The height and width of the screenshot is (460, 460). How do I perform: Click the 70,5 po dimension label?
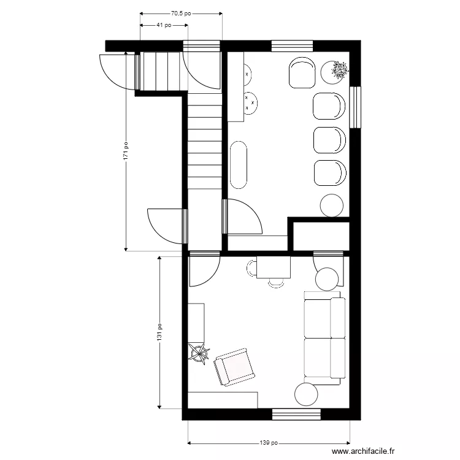(181, 12)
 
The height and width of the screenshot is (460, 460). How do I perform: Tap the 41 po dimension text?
(163, 25)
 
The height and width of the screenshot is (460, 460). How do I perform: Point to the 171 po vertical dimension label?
(126, 151)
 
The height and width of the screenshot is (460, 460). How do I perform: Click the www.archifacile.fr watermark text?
(356, 451)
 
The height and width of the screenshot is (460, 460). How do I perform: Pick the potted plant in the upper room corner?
(339, 72)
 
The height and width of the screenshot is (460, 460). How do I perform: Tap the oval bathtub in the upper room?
(239, 164)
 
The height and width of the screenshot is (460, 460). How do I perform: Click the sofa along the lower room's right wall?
(324, 337)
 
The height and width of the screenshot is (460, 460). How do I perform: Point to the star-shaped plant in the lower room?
(199, 353)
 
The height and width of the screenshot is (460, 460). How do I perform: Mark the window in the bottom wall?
(296, 415)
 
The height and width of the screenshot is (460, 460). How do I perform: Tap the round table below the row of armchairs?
(332, 205)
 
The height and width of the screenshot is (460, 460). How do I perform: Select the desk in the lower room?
(274, 267)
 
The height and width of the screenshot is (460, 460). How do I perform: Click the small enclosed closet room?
(321, 236)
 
